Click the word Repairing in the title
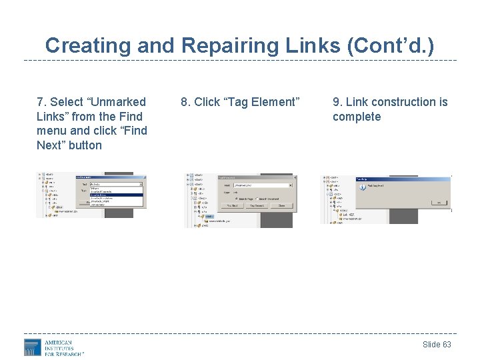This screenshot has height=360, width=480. click(x=224, y=45)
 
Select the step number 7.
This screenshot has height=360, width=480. click(x=41, y=102)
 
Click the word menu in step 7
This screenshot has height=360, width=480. click(x=51, y=131)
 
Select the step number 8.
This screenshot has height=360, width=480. click(x=185, y=102)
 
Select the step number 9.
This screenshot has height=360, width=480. click(x=337, y=102)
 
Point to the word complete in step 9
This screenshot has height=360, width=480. click(x=357, y=117)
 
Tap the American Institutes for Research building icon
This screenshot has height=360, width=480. click(x=33, y=347)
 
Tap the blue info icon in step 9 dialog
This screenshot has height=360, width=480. click(x=361, y=187)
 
